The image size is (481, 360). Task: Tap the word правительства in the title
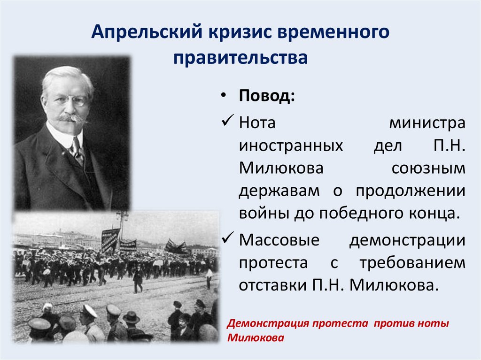point(240,59)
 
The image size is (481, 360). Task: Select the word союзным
point(427,168)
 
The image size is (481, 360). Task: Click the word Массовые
point(279,240)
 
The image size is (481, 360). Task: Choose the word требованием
point(413,263)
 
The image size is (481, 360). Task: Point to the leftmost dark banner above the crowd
point(110,239)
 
